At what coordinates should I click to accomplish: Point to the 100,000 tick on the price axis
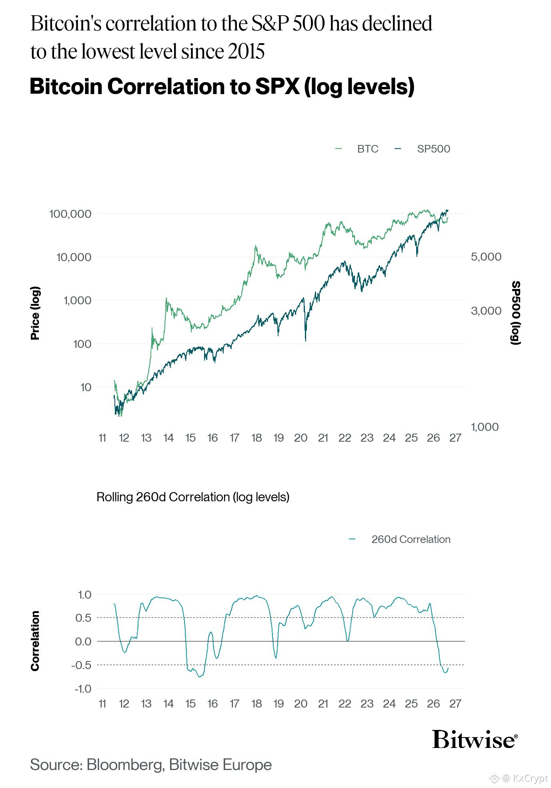tap(70, 214)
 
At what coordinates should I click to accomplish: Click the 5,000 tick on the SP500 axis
tap(486, 257)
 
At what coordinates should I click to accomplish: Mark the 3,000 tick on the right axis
tap(486, 311)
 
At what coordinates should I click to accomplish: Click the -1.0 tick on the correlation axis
tap(83, 689)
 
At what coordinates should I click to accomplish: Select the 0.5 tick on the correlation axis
tap(83, 618)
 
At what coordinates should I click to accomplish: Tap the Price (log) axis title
tap(35, 313)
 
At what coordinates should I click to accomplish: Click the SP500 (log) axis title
tap(516, 313)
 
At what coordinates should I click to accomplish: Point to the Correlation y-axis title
tap(35, 641)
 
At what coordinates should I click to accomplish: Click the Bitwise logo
tap(475, 739)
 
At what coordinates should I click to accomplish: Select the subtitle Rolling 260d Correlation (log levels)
tap(193, 497)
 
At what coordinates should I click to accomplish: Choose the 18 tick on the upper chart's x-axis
tap(256, 438)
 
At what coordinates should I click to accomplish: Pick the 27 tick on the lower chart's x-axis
tap(455, 704)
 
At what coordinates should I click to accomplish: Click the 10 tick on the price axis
tap(86, 387)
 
